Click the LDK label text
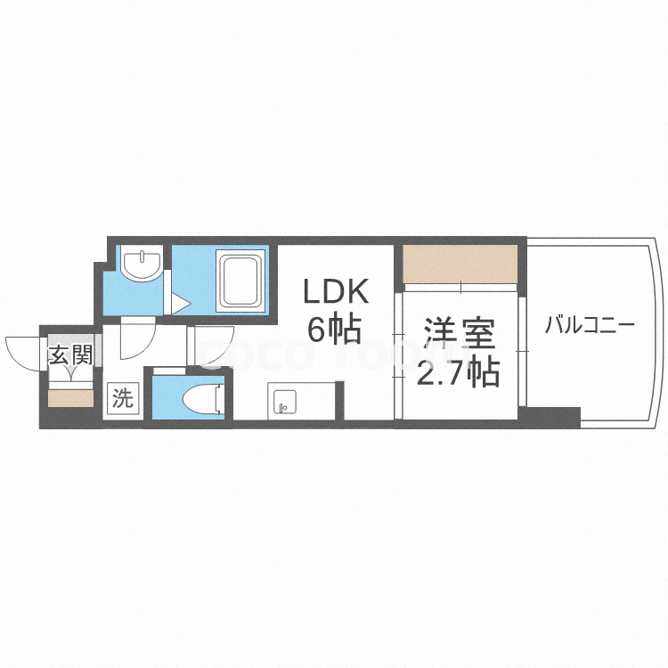pos(335,291)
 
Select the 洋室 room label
pos(459,337)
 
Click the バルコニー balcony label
pos(590,324)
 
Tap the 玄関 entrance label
pos(69,355)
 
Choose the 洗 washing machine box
pos(122,398)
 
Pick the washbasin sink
pos(141,265)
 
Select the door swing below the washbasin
pos(136,338)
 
